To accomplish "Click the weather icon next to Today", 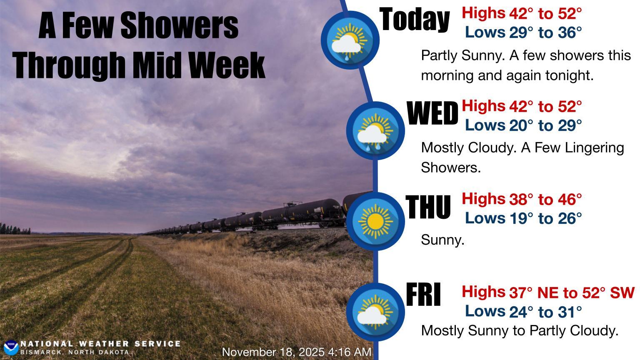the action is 350,40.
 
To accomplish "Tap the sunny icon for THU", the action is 375,221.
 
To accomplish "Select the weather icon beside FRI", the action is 375,312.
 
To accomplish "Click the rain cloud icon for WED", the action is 375,131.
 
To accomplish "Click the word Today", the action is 415,20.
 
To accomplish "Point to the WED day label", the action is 432,113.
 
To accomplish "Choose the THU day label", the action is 428,207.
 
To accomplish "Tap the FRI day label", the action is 423,294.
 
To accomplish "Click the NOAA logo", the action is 11,348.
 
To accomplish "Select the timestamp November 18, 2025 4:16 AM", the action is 297,352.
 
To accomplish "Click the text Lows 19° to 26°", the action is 523,219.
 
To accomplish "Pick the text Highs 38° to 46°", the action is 521,199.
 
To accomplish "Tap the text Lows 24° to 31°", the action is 523,311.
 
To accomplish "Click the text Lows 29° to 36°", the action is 523,32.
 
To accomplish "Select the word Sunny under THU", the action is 442,240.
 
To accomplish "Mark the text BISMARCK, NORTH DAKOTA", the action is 75,352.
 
